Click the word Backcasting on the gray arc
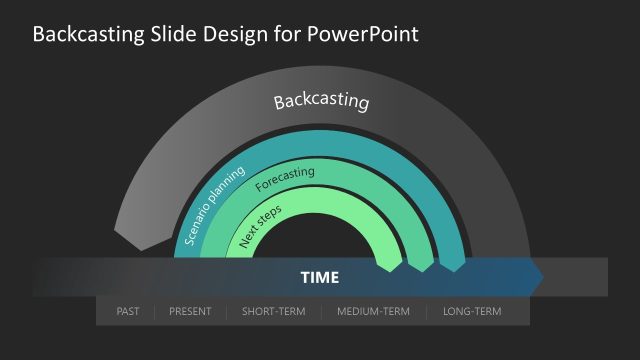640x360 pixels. pyautogui.click(x=321, y=102)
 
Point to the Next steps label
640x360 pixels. pyautogui.click(x=261, y=226)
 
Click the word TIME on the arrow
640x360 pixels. pyautogui.click(x=320, y=277)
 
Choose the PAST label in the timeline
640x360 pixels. pyautogui.click(x=128, y=312)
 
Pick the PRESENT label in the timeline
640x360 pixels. pyautogui.click(x=190, y=312)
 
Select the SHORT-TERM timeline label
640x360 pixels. pyautogui.click(x=273, y=312)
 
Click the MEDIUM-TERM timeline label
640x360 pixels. pyautogui.click(x=373, y=312)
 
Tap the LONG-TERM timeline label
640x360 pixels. pyautogui.click(x=472, y=312)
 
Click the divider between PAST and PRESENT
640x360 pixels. pyautogui.click(x=155, y=312)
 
